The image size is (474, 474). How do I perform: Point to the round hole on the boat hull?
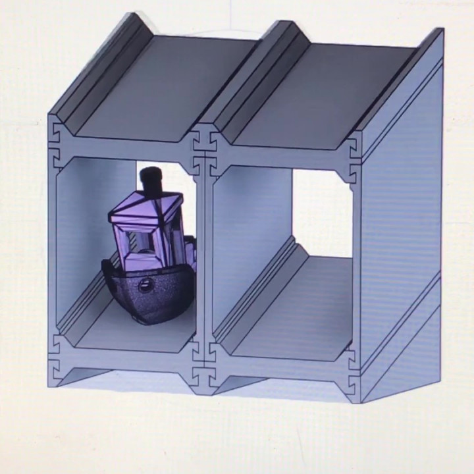(x=144, y=285)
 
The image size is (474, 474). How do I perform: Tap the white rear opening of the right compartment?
(x=321, y=211)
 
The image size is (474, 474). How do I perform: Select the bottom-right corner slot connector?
(x=352, y=377)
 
